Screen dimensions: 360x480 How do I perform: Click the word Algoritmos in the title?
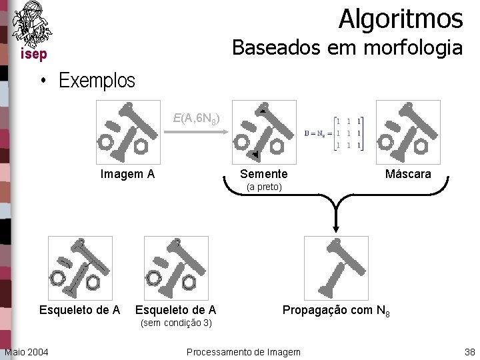point(400,19)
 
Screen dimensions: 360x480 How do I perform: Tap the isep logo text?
point(33,54)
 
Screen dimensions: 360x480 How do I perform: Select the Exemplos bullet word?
point(97,81)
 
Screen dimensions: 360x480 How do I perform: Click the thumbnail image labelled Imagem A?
point(127,131)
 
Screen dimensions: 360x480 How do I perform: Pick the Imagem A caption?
point(127,175)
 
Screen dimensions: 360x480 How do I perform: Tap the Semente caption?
point(264,175)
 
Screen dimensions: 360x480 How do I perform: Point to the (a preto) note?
point(264,187)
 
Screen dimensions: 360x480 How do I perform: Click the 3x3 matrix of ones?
point(349,132)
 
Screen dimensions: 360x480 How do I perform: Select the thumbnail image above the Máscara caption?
point(408,131)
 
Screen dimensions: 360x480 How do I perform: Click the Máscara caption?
point(408,175)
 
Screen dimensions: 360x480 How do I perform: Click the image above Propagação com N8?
point(336,268)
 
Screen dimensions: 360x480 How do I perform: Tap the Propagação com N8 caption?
point(336,311)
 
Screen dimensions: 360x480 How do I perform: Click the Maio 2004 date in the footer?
point(26,351)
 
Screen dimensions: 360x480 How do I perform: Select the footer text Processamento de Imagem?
point(243,351)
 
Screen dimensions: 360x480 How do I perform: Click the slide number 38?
point(469,351)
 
